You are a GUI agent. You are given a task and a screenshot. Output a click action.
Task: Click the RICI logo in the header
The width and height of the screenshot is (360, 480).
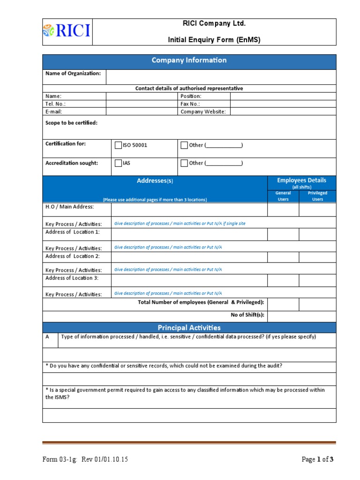[x=67, y=32]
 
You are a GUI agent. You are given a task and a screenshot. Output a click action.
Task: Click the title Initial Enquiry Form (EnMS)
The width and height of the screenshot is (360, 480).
[x=214, y=40]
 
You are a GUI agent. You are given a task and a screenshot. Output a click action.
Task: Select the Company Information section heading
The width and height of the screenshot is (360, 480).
[x=189, y=60]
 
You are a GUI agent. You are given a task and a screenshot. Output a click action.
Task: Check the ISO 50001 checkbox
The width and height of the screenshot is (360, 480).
[x=118, y=145]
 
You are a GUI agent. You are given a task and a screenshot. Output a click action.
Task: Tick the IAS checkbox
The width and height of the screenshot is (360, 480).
[x=118, y=163]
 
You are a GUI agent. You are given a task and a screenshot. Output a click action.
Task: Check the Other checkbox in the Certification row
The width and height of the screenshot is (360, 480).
[x=184, y=145]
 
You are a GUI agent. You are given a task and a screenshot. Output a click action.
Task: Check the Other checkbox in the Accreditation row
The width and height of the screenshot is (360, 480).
[x=184, y=163]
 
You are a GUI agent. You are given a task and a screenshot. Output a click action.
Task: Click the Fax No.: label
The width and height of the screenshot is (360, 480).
[x=190, y=104]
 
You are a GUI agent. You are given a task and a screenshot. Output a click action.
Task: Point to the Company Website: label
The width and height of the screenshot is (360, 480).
[x=203, y=112]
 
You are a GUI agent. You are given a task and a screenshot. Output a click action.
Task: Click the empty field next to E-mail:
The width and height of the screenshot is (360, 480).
[x=142, y=112]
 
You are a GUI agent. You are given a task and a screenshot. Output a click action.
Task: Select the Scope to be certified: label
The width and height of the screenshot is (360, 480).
[x=71, y=123]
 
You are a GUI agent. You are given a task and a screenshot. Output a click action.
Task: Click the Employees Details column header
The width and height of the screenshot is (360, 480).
[x=301, y=180]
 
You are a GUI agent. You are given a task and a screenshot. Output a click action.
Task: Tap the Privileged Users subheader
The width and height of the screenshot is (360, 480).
[x=317, y=196]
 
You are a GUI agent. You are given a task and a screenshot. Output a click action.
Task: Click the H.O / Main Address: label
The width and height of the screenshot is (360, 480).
[x=69, y=207]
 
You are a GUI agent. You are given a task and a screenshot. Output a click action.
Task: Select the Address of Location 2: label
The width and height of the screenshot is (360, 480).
[x=72, y=256]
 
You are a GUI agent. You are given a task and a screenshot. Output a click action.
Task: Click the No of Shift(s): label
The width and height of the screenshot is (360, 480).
[x=247, y=315]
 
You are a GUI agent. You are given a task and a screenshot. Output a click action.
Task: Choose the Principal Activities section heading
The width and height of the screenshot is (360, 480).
[x=189, y=328]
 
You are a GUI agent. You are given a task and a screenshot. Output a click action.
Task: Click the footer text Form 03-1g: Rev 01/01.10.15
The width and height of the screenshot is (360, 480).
[x=85, y=459]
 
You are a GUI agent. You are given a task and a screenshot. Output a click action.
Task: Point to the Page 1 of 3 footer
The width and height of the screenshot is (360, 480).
[x=317, y=459]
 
